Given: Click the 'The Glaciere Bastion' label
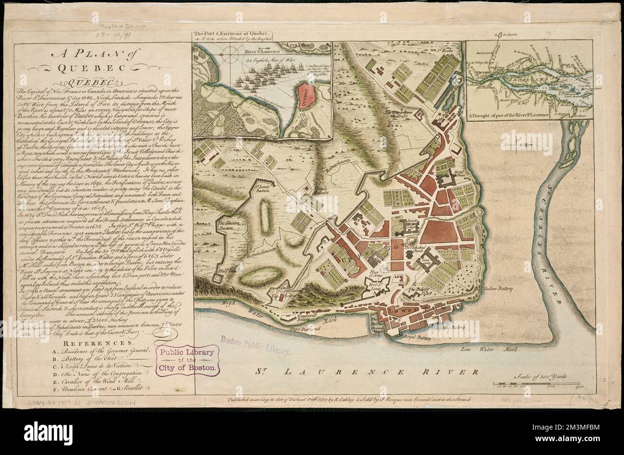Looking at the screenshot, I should tap(228, 226).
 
